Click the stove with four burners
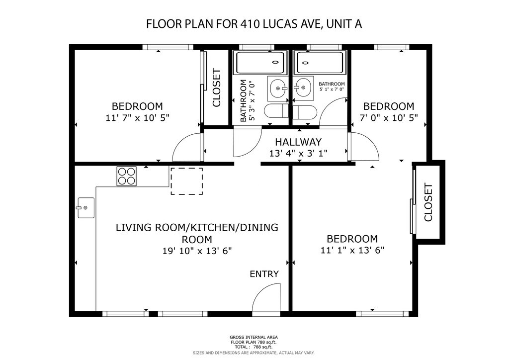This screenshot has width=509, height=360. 127,176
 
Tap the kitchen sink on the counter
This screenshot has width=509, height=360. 85,208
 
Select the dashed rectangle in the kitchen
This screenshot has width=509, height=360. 187,181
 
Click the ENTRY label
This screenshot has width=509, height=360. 264,274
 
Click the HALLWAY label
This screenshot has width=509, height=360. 298,142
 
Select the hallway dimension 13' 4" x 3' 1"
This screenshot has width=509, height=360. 298,153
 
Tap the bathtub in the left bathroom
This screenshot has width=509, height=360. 261,63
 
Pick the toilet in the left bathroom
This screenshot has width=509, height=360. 276,111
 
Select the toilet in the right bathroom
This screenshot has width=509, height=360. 304,112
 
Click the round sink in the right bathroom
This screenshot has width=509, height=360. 303,88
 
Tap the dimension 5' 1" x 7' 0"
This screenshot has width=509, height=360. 332,90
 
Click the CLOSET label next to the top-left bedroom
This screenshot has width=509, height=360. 217,88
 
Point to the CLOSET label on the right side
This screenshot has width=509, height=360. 428,202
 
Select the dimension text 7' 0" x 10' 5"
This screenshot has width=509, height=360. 389,117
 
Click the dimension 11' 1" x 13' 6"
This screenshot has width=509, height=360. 352,250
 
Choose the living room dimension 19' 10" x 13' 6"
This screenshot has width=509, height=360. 197,251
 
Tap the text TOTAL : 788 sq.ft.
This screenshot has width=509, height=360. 254,347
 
